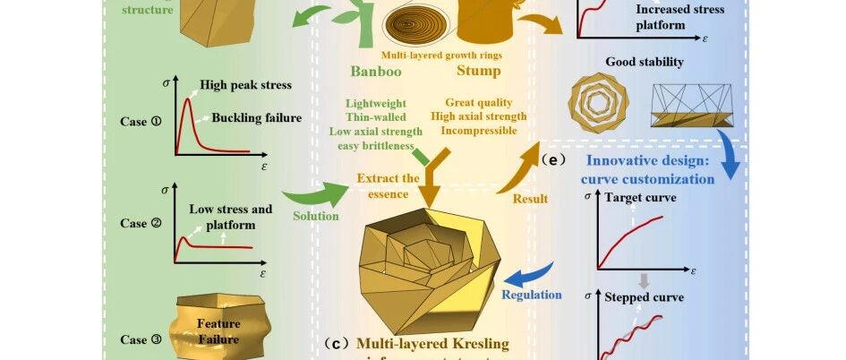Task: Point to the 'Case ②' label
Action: (x=141, y=224)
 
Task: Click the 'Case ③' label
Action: (x=141, y=339)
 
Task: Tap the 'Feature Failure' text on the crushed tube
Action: (x=218, y=331)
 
